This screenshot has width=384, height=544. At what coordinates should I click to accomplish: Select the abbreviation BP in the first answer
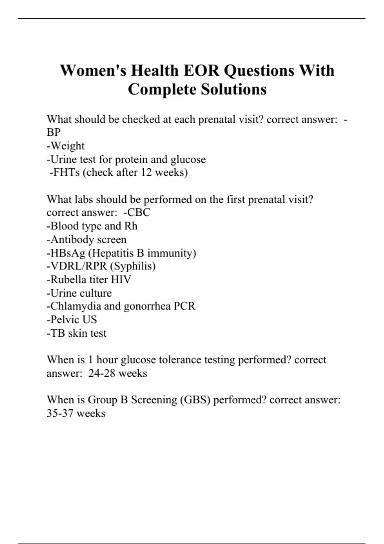53,132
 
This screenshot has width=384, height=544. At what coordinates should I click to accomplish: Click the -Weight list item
66,146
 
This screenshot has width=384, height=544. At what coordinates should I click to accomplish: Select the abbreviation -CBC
137,212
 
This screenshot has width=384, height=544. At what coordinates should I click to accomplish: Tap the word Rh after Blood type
131,226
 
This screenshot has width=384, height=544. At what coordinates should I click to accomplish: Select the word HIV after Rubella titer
121,280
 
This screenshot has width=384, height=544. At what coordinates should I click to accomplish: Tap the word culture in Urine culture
96,293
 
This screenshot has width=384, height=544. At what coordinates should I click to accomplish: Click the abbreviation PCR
184,306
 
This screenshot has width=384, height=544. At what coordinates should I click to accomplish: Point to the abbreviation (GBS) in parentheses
195,400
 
